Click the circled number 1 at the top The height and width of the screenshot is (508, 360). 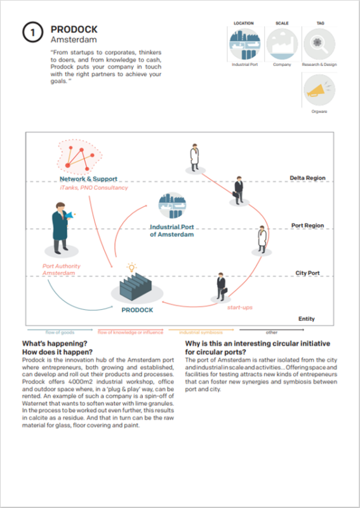coord(33,33)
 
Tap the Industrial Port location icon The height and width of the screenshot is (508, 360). coord(244,44)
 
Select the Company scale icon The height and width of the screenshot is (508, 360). coord(281,44)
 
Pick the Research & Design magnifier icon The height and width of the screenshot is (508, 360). coord(321,44)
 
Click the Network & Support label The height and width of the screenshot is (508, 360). coord(88,179)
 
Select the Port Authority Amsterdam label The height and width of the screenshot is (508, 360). coord(62,270)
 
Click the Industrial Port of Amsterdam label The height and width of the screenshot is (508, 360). coord(172,231)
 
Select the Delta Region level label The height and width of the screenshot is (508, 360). coord(307,178)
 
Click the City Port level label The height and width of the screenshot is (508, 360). coord(307,273)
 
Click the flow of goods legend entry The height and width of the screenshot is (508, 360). coord(60,332)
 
